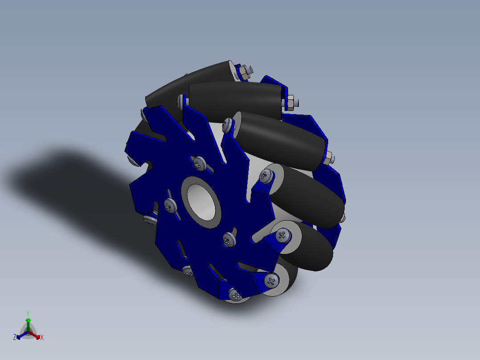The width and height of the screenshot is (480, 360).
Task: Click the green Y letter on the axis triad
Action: tap(28, 313)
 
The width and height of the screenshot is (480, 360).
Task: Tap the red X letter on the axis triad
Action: tap(42, 337)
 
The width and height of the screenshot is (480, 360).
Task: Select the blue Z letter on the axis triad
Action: tap(15, 337)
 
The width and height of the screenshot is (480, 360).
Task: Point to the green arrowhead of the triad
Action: tap(28, 320)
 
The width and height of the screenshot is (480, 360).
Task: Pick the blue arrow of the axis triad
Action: tap(22, 335)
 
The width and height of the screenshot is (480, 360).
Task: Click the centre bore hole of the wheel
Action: tap(201, 203)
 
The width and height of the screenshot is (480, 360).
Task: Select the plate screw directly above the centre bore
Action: tap(200, 164)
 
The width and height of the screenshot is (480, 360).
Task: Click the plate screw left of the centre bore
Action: tap(171, 205)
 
